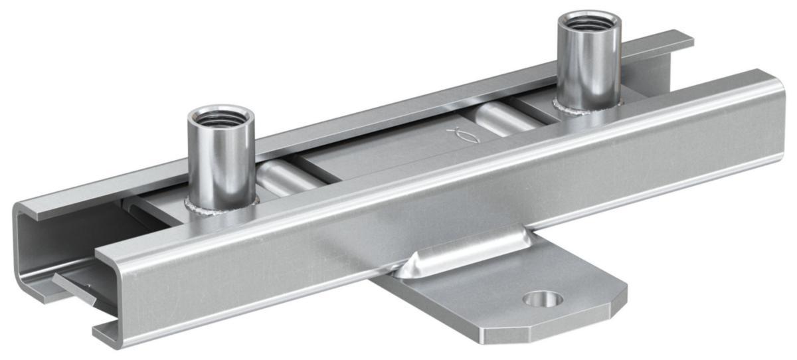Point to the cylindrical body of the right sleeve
[588, 66]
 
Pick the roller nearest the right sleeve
[498, 120]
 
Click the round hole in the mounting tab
[543, 299]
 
